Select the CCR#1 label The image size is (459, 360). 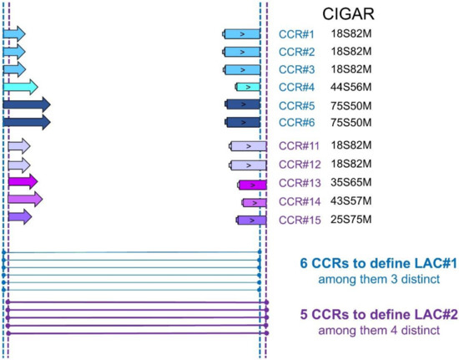tap(295, 34)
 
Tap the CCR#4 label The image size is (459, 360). tap(295, 87)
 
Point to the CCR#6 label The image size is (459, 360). tap(295, 123)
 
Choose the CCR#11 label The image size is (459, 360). tap(298, 146)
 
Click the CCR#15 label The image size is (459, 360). tap(298, 220)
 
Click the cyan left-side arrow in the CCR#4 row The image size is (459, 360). tap(20, 87)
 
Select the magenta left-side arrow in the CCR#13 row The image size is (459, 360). tap(23, 181)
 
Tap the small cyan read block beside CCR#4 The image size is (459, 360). tap(249, 87)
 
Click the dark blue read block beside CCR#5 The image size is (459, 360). tap(243, 104)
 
